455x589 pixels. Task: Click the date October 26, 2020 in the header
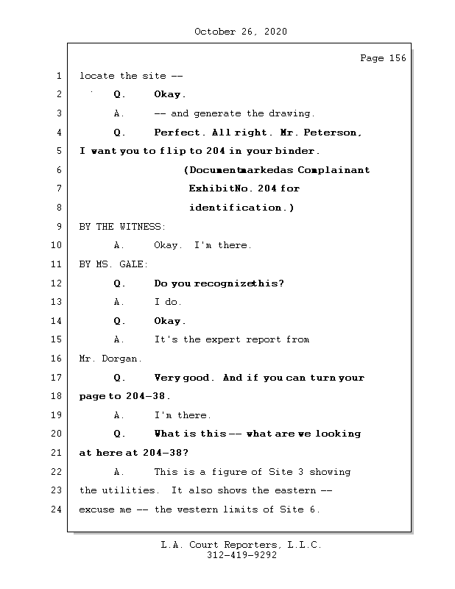(x=240, y=32)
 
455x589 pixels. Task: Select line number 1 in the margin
(x=59, y=76)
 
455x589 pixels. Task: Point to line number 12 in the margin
(x=57, y=283)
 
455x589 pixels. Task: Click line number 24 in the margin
(x=57, y=509)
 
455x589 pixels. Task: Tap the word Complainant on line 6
(x=334, y=170)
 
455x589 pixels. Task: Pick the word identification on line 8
(x=237, y=208)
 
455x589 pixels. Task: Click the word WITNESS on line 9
(x=142, y=227)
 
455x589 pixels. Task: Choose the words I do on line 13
(x=168, y=302)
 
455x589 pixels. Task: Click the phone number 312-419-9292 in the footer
(x=241, y=556)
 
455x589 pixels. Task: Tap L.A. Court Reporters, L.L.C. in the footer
(x=241, y=546)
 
